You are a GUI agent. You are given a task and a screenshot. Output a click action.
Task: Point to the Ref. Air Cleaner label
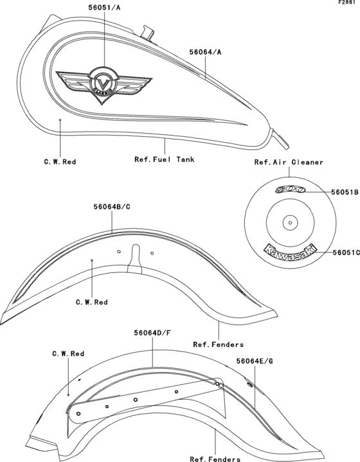pos(289,163)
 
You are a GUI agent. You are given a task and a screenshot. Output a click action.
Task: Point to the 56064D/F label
pos(152,333)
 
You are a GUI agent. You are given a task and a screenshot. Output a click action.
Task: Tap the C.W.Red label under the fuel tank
pos(59,162)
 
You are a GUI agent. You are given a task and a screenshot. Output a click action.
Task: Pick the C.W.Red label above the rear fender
pos(68,353)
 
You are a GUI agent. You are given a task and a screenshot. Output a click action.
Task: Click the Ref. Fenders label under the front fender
pos(218,344)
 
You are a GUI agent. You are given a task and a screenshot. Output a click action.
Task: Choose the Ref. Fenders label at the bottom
pos(215,459)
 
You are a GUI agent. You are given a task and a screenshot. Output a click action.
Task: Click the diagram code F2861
pos(348,3)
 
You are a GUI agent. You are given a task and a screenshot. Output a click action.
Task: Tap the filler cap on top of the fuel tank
pos(147,30)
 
